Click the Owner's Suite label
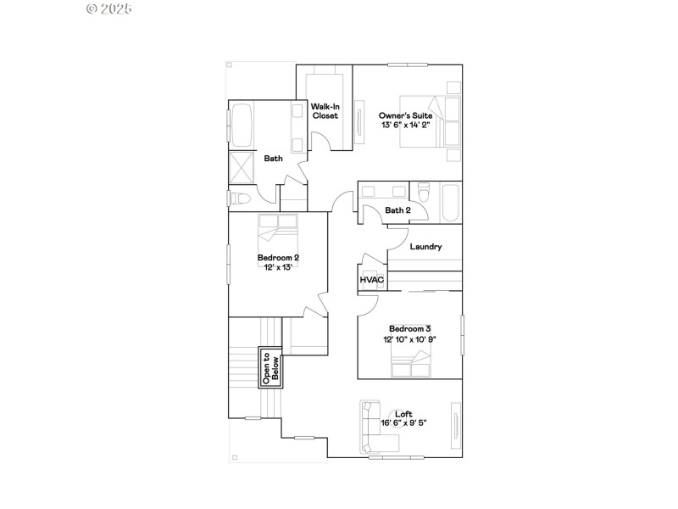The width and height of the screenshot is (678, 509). click(x=405, y=115)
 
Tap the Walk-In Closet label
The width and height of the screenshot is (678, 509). click(x=325, y=111)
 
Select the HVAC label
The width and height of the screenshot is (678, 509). click(x=372, y=280)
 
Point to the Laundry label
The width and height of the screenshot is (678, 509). click(x=425, y=247)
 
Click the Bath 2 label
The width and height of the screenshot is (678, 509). click(x=397, y=210)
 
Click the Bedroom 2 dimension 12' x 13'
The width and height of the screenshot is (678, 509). click(x=279, y=266)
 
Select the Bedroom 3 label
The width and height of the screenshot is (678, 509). click(x=410, y=328)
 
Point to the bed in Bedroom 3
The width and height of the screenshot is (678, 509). click(x=411, y=364)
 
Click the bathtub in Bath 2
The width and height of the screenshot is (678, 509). click(x=448, y=203)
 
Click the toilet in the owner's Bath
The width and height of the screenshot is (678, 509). click(x=239, y=199)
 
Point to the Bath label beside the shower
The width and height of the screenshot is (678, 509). click(x=273, y=159)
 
